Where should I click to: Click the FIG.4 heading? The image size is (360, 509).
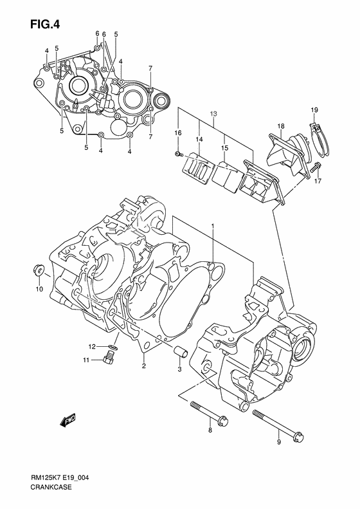tap(45, 24)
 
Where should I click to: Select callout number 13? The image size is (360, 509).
tap(213, 114)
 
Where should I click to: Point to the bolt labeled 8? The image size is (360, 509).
tap(210, 413)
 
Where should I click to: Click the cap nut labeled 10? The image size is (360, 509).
tap(39, 270)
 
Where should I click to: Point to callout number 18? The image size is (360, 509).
tap(281, 126)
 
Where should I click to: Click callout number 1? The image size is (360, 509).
tap(213, 225)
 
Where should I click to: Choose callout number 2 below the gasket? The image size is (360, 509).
tap(143, 366)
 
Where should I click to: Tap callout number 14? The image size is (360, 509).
tap(199, 139)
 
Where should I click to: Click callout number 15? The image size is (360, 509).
tap(225, 148)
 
